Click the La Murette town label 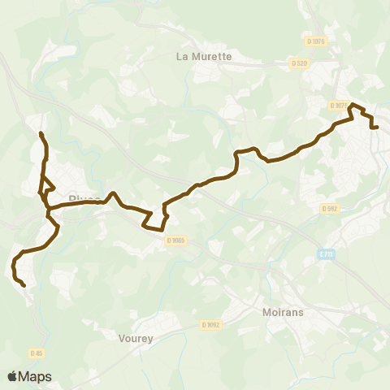(204, 57)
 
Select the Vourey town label (135, 339)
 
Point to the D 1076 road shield (317, 41)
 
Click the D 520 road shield (299, 63)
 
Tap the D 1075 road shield (339, 106)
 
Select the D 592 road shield (329, 208)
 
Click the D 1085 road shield (176, 240)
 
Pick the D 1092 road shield (210, 324)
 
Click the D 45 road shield (36, 353)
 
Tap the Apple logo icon (12, 377)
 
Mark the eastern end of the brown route (379, 127)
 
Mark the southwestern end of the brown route (24, 286)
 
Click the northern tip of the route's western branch (41, 133)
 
